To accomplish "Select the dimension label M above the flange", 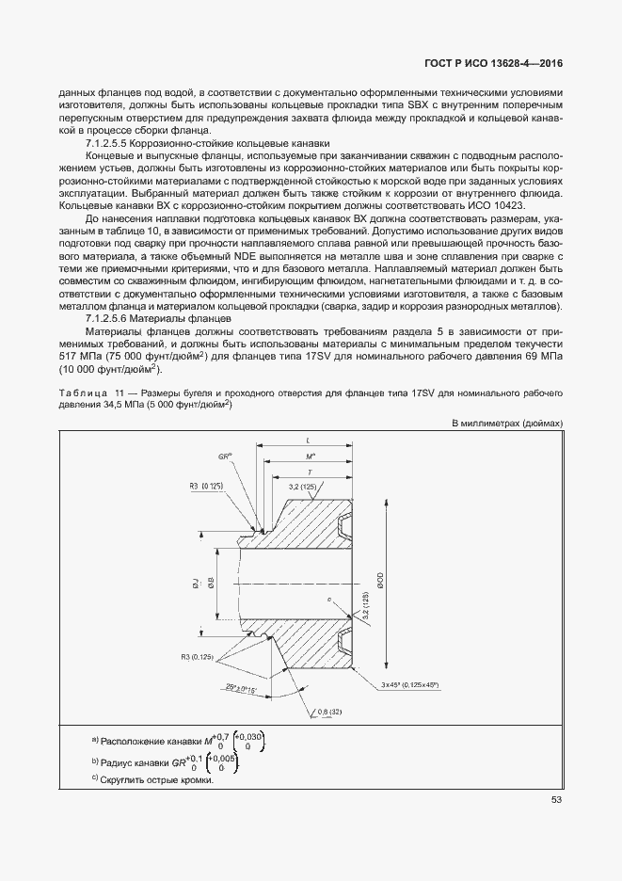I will (x=311, y=456).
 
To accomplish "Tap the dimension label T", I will (x=310, y=471).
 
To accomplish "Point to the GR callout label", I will (x=225, y=455).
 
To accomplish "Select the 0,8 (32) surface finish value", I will (x=328, y=710).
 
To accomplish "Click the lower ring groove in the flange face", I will (x=341, y=643).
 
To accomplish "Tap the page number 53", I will (x=556, y=801).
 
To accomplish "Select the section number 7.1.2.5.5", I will (x=112, y=141).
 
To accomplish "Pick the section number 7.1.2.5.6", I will (x=112, y=319).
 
